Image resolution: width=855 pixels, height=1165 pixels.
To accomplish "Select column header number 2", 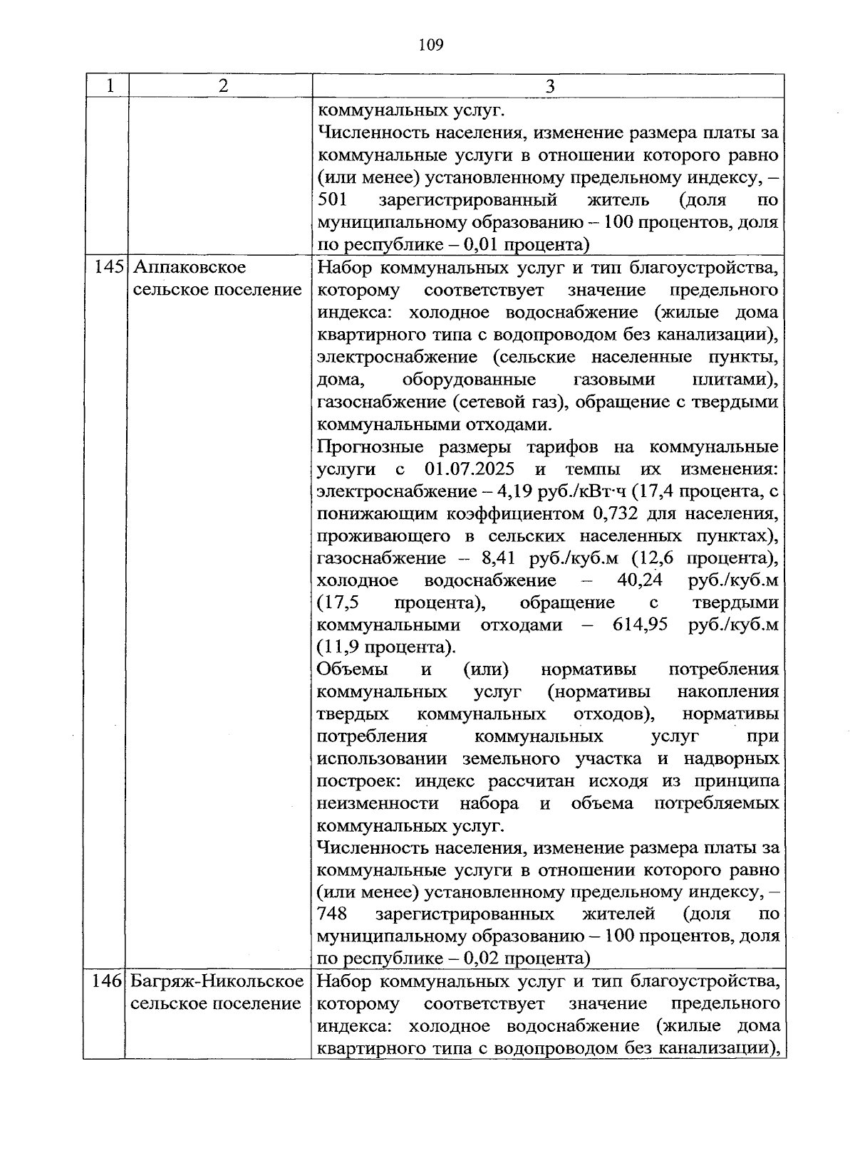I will (x=223, y=86).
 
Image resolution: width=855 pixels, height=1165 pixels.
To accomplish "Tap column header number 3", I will (x=549, y=87).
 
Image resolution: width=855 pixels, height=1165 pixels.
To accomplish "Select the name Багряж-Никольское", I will (x=217, y=981).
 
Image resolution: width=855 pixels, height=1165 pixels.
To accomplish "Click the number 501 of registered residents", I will (x=332, y=200).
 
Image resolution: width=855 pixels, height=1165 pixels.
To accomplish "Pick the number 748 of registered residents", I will (x=332, y=914).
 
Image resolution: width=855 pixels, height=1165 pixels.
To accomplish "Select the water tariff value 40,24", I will (x=640, y=580).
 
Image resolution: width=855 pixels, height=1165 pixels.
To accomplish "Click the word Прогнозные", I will (x=368, y=447).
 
